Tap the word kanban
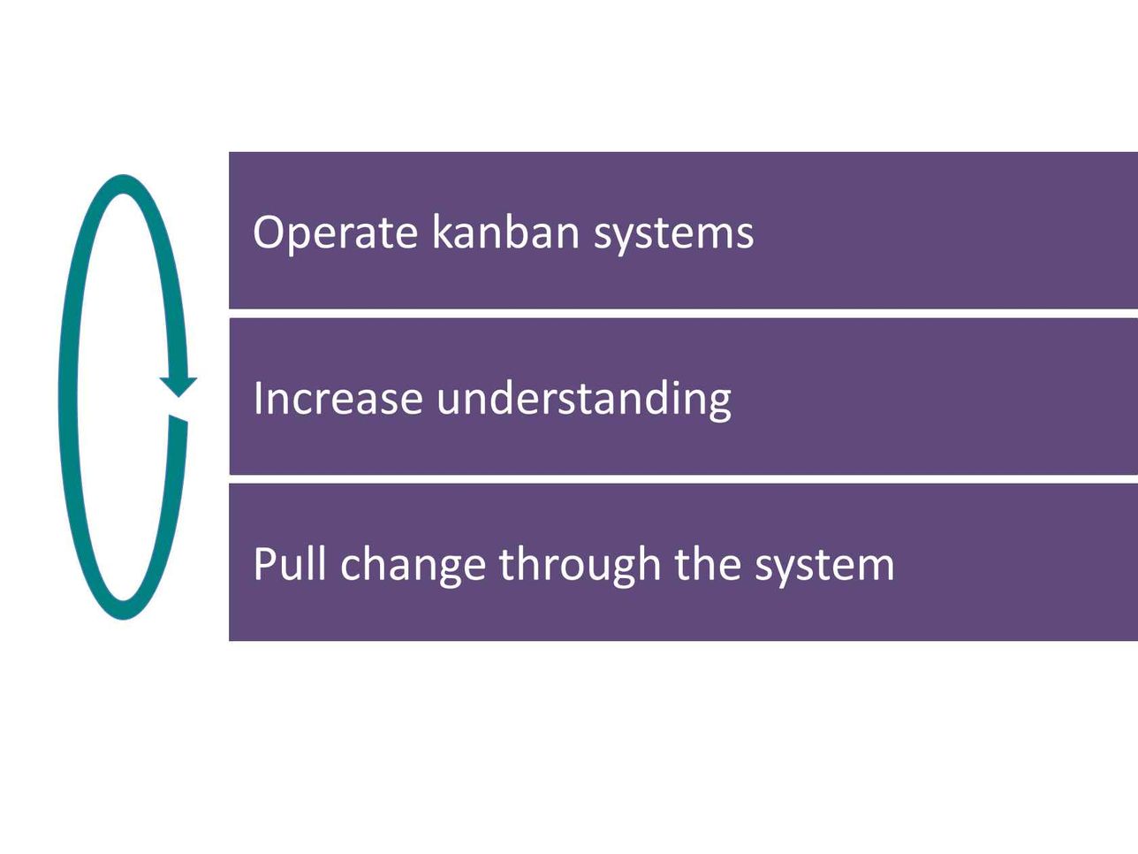505,232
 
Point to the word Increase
338,398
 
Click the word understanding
584,400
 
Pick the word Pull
289,563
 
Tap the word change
413,567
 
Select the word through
580,566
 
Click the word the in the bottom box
708,563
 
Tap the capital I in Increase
257,398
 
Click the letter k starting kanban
444,232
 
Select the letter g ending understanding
718,405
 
